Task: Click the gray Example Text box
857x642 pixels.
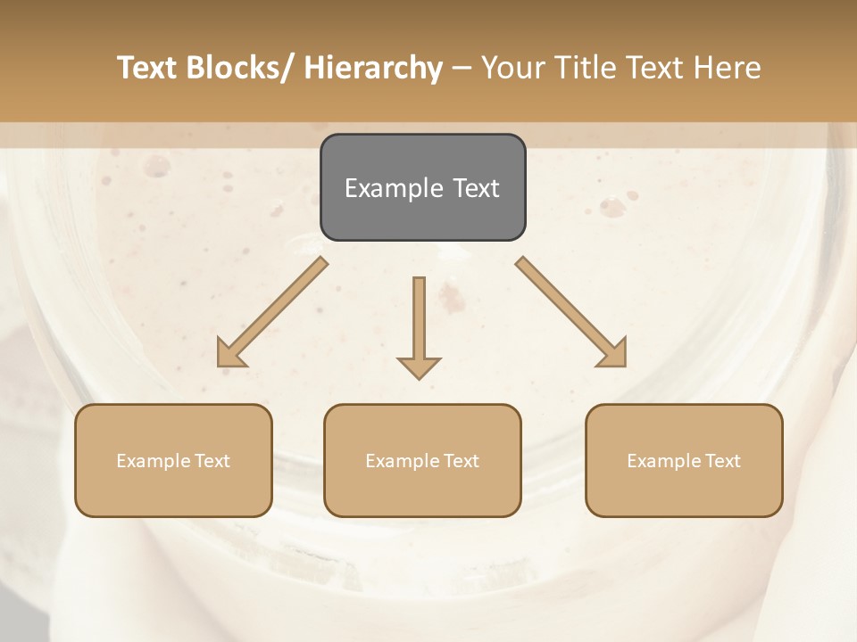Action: [422, 187]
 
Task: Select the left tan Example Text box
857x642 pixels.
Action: [173, 460]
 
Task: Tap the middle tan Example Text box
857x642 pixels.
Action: [422, 460]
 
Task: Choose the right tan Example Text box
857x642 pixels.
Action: [684, 460]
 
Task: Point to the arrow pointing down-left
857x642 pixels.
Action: [272, 312]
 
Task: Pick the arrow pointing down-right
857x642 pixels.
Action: [571, 312]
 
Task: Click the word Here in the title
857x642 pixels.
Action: [728, 68]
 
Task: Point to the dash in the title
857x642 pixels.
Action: [462, 69]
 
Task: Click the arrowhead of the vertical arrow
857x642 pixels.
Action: [419, 366]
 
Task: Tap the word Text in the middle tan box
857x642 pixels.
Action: [462, 461]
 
